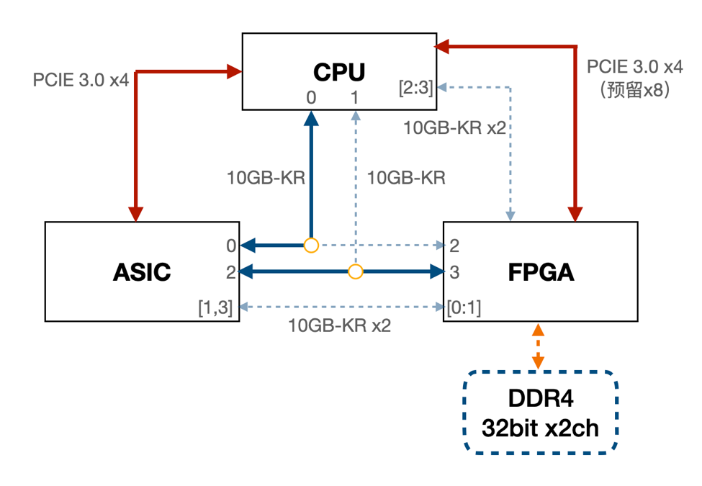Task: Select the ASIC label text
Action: click(x=142, y=271)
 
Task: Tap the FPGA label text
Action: click(x=541, y=271)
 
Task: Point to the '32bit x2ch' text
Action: click(x=539, y=428)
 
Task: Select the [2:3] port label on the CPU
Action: click(x=415, y=88)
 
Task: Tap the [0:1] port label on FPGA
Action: click(x=463, y=307)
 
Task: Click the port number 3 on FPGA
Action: click(x=454, y=272)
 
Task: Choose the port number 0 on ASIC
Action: click(x=230, y=246)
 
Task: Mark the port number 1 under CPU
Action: click(x=354, y=96)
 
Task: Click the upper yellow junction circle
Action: click(x=311, y=246)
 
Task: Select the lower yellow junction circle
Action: click(x=355, y=271)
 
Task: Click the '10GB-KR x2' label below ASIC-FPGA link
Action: click(x=339, y=325)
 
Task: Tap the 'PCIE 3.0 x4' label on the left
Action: click(x=81, y=79)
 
